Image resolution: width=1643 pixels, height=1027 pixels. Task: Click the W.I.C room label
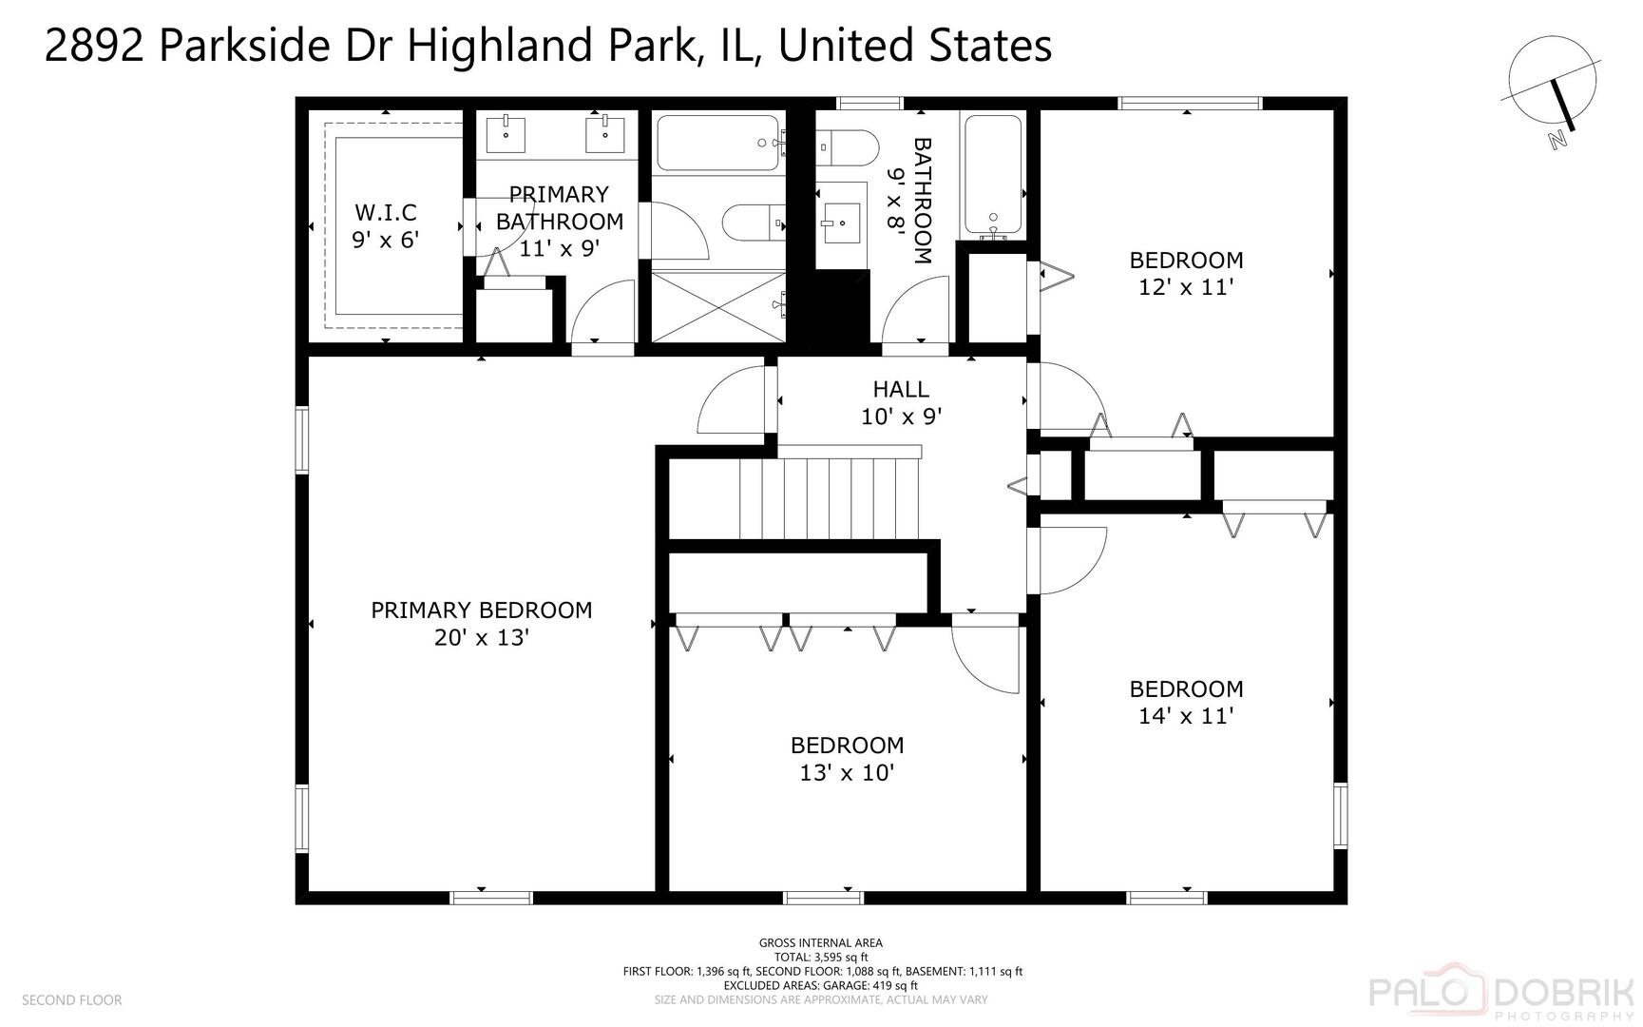click(386, 212)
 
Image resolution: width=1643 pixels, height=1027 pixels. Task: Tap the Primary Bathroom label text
click(559, 208)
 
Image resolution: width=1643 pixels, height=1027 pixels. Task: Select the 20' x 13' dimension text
click(481, 638)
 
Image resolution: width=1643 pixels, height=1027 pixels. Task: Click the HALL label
click(901, 389)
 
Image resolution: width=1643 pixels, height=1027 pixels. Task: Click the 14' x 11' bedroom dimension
click(1186, 716)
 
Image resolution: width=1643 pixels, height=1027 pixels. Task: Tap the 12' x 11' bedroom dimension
click(1186, 287)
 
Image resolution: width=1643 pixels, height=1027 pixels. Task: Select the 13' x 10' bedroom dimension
click(847, 773)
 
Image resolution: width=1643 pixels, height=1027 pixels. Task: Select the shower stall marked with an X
click(718, 305)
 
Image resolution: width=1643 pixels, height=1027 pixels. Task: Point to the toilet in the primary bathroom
click(751, 223)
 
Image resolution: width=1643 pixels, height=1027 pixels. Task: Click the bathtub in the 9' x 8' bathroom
click(993, 175)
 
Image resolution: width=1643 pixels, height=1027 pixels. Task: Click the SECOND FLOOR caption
click(71, 1000)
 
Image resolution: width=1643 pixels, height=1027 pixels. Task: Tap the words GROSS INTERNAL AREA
click(820, 943)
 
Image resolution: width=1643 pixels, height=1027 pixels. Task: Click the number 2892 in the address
click(93, 46)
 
